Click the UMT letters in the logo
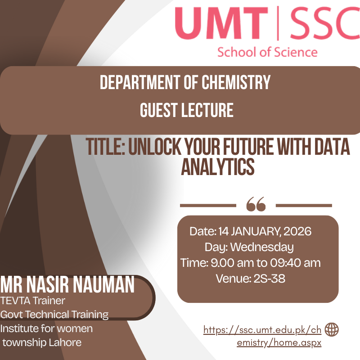point(221,23)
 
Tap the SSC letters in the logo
point(325,23)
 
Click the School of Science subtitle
point(267,52)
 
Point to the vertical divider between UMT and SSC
point(278,23)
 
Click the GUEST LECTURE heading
point(187,110)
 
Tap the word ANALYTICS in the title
point(218,166)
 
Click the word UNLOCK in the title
point(155,147)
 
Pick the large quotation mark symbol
point(256,204)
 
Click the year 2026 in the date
point(297,231)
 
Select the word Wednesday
point(262,247)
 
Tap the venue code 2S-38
point(269,279)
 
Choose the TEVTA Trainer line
point(32,301)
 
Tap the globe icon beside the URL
point(332,329)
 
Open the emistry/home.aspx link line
point(279,343)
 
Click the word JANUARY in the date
point(256,231)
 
